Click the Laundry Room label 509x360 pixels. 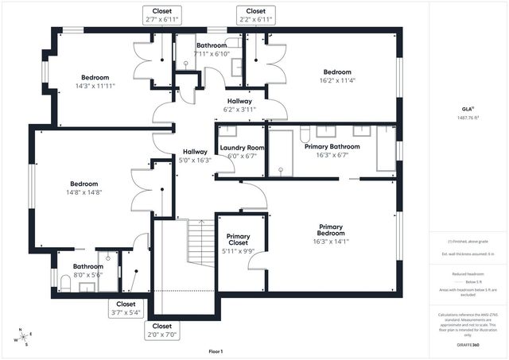tap(242, 148)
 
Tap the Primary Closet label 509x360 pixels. tap(239, 237)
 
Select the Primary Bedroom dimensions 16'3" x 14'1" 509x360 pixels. tap(331, 242)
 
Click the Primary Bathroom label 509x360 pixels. tap(332, 147)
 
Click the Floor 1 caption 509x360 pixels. tap(216, 350)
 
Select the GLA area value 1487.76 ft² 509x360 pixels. tap(468, 118)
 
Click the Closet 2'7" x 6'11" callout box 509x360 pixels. tap(162, 14)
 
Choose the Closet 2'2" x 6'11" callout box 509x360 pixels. tap(255, 14)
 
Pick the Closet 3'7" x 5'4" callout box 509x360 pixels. tap(126, 308)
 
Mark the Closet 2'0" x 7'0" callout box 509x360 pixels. tap(162, 330)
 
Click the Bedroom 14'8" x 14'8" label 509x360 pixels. tap(84, 187)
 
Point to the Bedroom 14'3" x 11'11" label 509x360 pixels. tap(95, 82)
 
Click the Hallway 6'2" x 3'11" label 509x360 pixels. tap(239, 105)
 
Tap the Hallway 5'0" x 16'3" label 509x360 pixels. tap(195, 155)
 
